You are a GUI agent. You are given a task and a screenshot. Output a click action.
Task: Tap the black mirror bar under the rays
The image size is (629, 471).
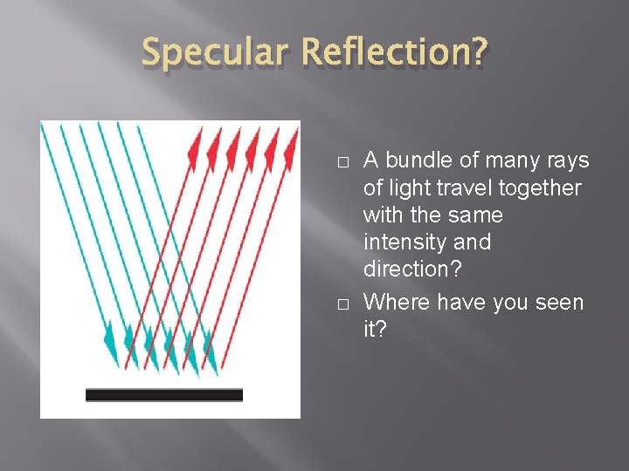[x=164, y=395]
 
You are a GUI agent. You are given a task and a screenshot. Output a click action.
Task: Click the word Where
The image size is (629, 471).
[x=392, y=302]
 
